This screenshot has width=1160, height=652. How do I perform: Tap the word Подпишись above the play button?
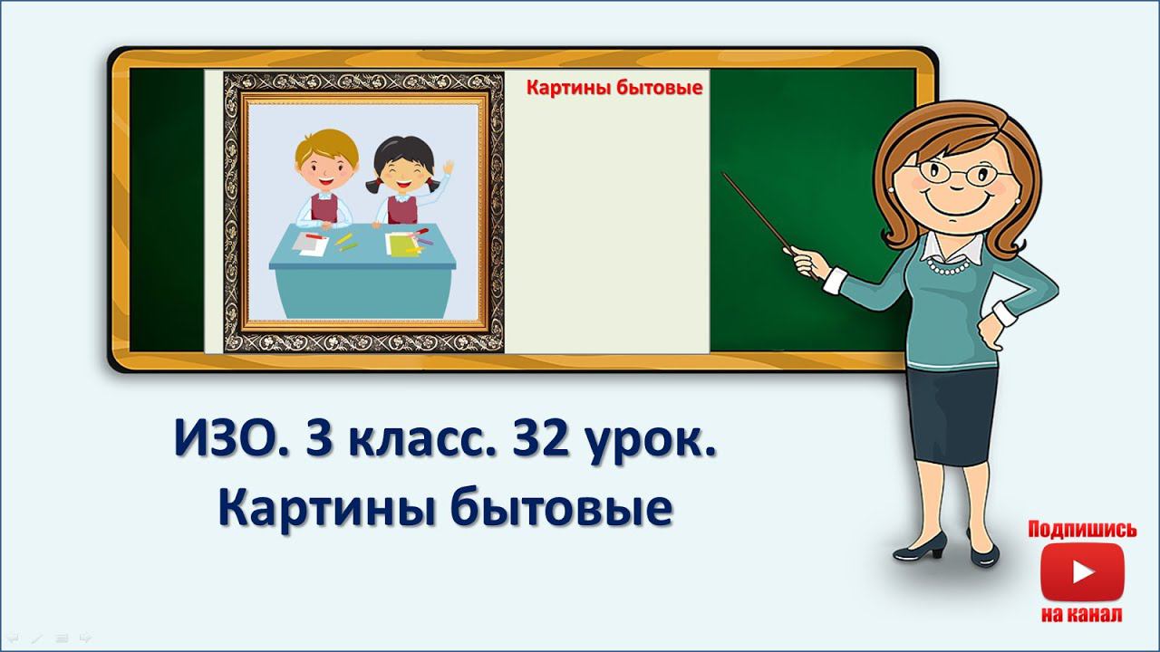tap(1081, 530)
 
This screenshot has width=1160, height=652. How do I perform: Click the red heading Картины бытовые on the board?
tap(615, 88)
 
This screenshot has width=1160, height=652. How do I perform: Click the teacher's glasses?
tap(952, 172)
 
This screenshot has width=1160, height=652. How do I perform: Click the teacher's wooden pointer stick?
tap(757, 210)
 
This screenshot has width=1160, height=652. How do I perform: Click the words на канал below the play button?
tap(1082, 616)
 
